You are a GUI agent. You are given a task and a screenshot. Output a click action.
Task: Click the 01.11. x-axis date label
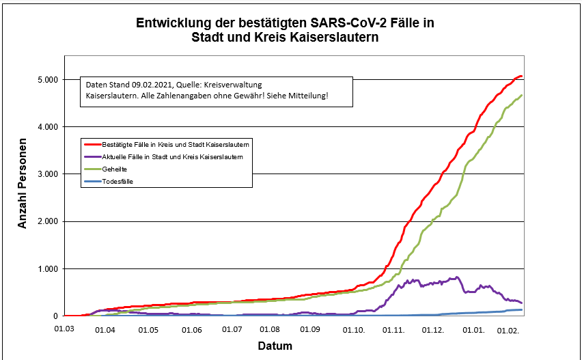394,330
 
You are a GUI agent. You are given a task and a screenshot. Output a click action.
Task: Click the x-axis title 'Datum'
275,346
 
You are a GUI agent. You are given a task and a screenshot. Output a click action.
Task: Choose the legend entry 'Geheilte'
114,168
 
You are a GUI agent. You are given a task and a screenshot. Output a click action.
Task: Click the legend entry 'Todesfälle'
117,180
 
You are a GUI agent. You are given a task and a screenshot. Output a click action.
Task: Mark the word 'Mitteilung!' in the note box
307,96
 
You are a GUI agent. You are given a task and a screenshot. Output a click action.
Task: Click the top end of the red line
521,76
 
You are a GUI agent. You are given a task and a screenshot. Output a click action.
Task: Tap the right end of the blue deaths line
522,310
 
